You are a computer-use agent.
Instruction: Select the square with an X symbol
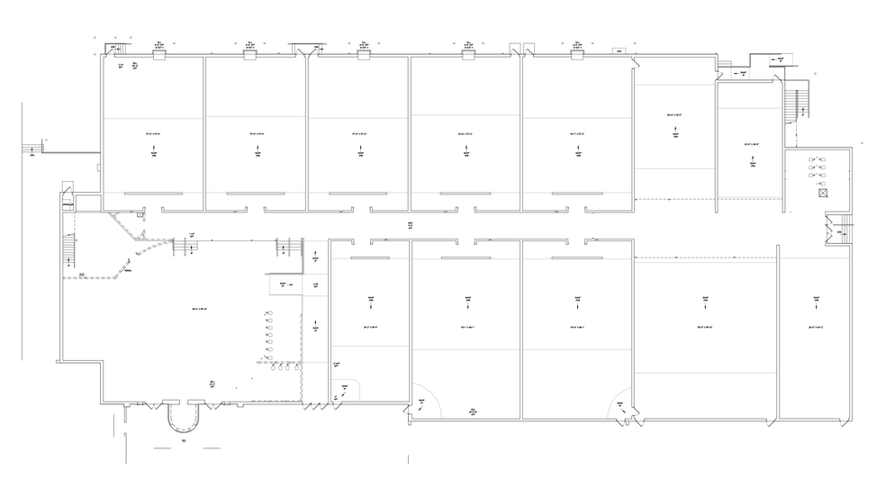pyautogui.click(x=820, y=193)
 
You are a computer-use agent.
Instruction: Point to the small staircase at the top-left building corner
pyautogui.click(x=117, y=50)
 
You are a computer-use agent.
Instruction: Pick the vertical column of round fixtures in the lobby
pyautogui.click(x=268, y=338)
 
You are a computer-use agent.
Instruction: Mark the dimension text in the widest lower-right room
pyautogui.click(x=704, y=326)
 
